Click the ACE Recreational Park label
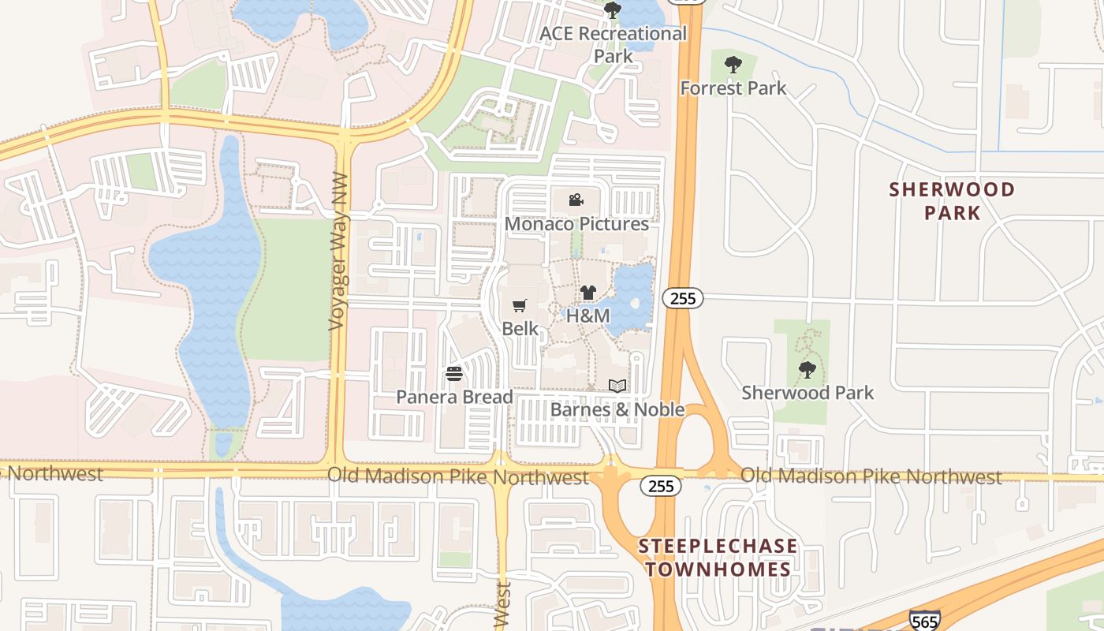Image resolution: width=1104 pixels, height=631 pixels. click(x=614, y=45)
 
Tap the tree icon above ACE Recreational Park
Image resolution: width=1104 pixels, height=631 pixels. click(x=612, y=11)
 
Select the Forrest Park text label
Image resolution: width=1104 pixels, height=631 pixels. click(x=733, y=88)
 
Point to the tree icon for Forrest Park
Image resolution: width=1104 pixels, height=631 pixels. click(x=733, y=65)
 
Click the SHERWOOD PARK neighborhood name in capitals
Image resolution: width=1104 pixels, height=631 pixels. click(x=952, y=201)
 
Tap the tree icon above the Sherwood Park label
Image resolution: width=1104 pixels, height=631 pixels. click(x=807, y=370)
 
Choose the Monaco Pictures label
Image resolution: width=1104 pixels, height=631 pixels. click(x=576, y=224)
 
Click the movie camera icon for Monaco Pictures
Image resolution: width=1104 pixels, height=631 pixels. click(x=576, y=200)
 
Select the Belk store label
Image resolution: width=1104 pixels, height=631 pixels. click(x=520, y=328)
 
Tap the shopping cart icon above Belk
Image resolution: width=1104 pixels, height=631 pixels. click(x=520, y=306)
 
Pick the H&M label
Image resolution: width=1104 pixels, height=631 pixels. click(x=588, y=316)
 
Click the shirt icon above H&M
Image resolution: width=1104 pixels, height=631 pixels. click(x=587, y=293)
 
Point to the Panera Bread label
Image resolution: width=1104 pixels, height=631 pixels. click(x=454, y=397)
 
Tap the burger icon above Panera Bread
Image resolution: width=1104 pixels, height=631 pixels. click(x=453, y=374)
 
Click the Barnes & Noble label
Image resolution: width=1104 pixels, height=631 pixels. click(x=617, y=409)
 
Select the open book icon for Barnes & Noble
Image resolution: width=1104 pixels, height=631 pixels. click(x=617, y=386)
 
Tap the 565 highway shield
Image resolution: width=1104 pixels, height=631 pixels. click(x=924, y=621)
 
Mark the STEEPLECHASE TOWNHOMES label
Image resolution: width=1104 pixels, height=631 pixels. click(x=718, y=558)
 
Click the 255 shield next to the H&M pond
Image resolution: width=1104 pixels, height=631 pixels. click(x=682, y=299)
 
